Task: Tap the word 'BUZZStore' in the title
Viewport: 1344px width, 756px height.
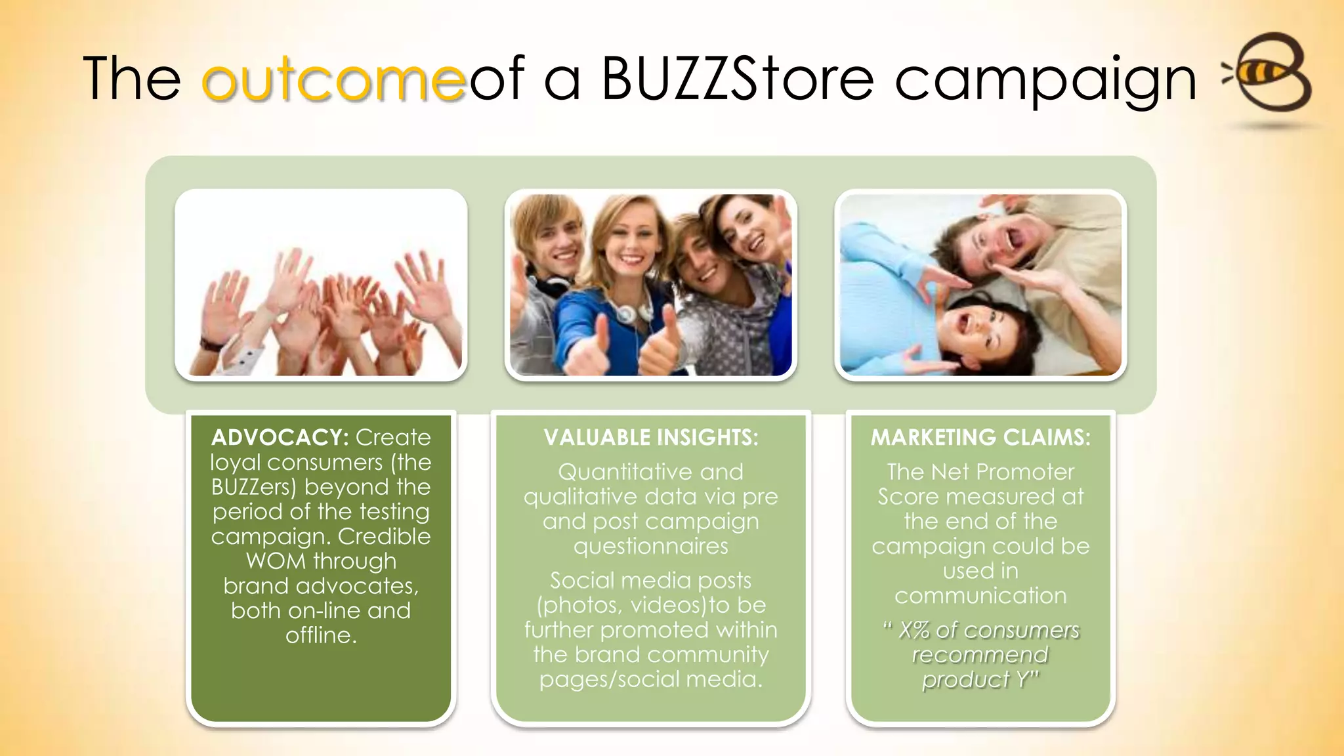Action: [x=737, y=79]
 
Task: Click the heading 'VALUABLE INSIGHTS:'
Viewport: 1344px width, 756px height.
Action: [x=650, y=438]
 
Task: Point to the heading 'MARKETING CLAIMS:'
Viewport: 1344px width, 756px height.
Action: [x=980, y=438]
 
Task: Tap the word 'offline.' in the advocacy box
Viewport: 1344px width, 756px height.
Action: [x=321, y=635]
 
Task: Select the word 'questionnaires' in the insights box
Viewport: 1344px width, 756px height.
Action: [x=650, y=546]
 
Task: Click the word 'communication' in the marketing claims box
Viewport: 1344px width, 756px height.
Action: [x=980, y=596]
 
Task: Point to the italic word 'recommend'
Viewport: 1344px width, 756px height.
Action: [x=980, y=655]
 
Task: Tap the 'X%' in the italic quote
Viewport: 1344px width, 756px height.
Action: [x=915, y=630]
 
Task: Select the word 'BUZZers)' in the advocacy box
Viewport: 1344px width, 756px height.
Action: [x=254, y=487]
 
